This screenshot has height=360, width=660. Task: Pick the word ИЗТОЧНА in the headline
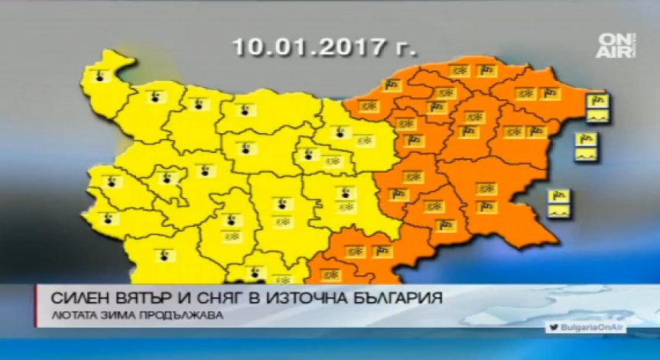coord(302,297)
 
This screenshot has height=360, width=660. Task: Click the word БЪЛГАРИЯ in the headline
coord(398,297)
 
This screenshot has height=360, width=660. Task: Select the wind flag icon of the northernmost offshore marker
coord(597,102)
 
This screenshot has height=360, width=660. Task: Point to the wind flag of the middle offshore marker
coord(588,140)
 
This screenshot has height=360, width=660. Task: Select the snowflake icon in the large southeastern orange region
coord(483,187)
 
